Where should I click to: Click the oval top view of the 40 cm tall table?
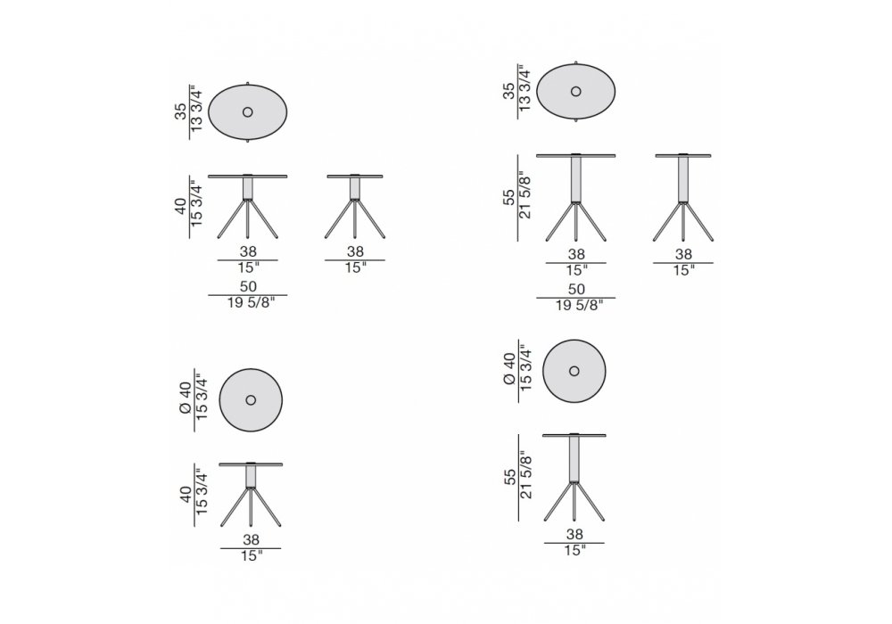pos(247,112)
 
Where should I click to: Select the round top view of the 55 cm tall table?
pos(574,371)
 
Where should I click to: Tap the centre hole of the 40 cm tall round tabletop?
pos(251,400)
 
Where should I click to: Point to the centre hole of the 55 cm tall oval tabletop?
pos(575,92)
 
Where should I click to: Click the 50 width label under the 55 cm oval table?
pos(576,289)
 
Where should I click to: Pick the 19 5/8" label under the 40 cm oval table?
pos(251,303)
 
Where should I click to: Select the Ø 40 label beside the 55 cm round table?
pos(509,369)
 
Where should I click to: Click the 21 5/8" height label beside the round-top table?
pos(525,477)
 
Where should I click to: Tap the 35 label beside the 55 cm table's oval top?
pos(508,91)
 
